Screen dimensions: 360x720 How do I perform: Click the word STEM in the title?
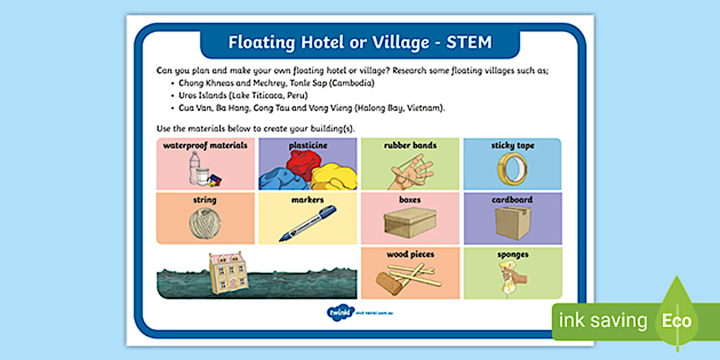469,42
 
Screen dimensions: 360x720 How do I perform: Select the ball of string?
205,223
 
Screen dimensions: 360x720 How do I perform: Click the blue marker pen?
307,224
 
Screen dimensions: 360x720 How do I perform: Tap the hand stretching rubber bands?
410,170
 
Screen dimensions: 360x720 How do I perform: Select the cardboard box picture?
513,222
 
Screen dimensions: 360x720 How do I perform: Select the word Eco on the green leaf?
677,321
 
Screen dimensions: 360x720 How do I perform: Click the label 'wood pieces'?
410,254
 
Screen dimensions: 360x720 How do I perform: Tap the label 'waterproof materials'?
205,146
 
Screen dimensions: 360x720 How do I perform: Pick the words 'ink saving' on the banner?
603,321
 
